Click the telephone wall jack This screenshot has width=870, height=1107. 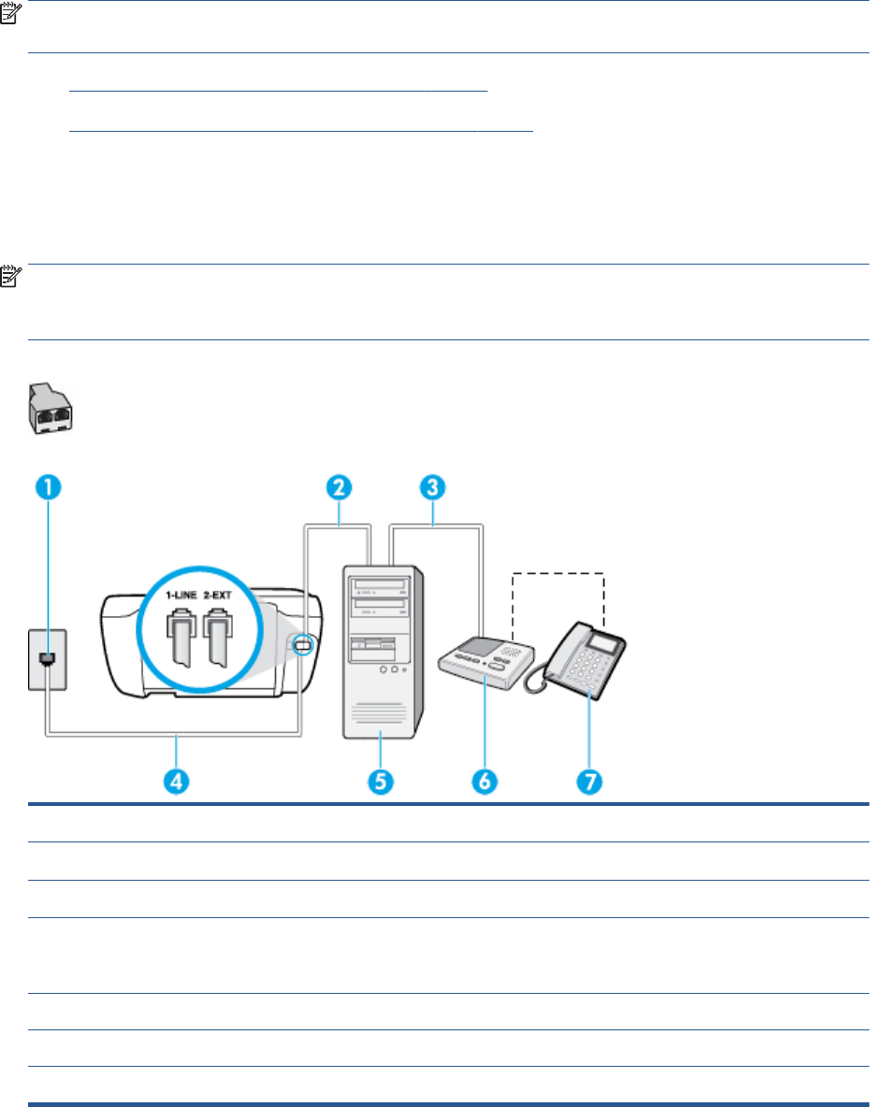click(x=46, y=659)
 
